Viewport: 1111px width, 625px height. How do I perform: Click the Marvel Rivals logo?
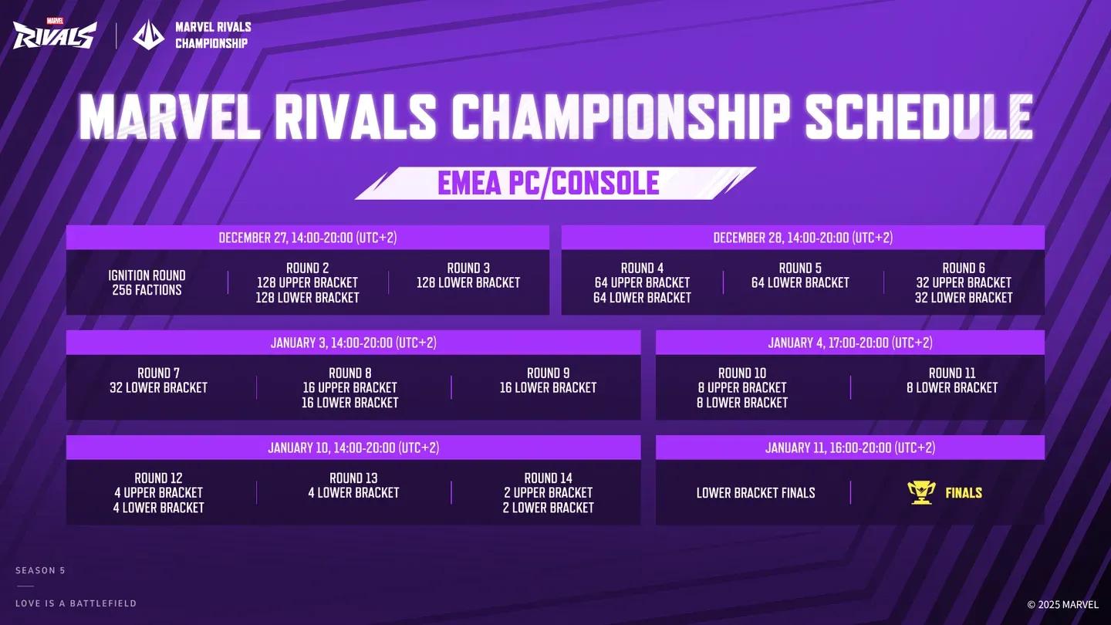click(x=54, y=34)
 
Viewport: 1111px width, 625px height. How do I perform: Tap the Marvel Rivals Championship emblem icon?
click(x=149, y=35)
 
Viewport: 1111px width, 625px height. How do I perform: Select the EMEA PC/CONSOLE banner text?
click(x=548, y=183)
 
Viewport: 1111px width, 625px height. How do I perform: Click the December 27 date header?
click(x=307, y=238)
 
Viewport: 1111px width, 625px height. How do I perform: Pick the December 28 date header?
click(x=802, y=238)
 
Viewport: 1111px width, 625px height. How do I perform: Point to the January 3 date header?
click(x=353, y=343)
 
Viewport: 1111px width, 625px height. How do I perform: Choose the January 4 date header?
click(x=849, y=343)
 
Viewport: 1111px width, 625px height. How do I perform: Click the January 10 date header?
click(x=353, y=448)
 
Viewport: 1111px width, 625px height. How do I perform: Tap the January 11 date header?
click(x=849, y=448)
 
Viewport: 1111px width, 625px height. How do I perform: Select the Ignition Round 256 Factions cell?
click(x=147, y=282)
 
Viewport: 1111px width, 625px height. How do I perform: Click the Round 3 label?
click(x=468, y=268)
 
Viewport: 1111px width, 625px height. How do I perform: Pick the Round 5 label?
click(x=800, y=268)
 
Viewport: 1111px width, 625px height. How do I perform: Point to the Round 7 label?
click(x=158, y=373)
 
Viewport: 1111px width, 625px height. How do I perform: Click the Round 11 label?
click(x=952, y=373)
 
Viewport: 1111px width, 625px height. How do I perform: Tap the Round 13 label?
click(x=353, y=478)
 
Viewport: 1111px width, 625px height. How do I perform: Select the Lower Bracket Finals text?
click(x=755, y=492)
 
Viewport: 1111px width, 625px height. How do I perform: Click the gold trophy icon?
click(x=920, y=492)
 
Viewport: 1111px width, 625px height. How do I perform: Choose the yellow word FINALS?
click(x=964, y=492)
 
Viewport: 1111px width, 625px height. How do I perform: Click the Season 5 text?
click(x=40, y=570)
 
